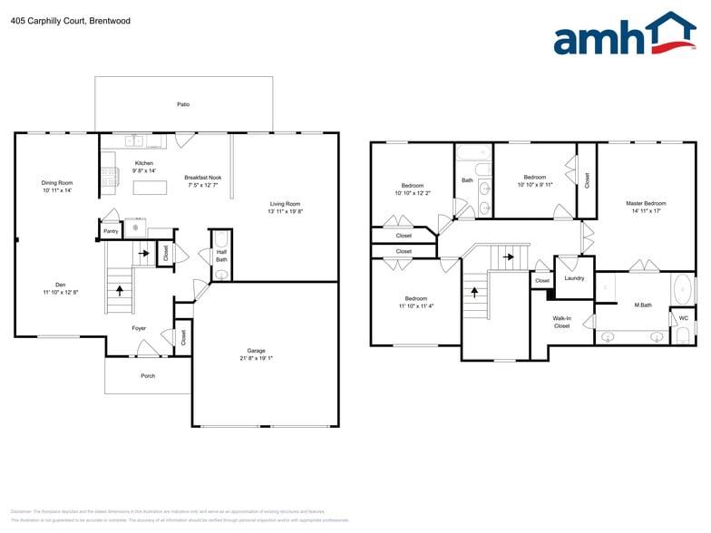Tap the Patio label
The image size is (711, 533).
click(x=183, y=105)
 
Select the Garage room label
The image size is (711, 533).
click(x=257, y=351)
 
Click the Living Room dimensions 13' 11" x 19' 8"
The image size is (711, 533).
click(x=285, y=213)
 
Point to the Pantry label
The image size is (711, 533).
click(x=111, y=231)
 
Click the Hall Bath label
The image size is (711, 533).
click(x=221, y=256)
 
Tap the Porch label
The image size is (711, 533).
click(x=147, y=375)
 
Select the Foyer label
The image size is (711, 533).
click(x=139, y=328)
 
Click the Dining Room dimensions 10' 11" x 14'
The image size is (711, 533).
click(x=56, y=190)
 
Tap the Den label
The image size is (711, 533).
click(x=60, y=284)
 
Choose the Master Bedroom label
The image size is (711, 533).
click(x=646, y=203)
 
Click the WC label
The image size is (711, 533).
click(x=683, y=318)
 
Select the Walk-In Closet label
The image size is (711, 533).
click(x=561, y=322)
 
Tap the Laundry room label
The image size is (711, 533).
click(x=574, y=278)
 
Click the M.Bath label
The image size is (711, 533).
click(x=642, y=305)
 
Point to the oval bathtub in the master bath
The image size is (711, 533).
click(x=682, y=290)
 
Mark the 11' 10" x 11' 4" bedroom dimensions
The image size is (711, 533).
click(x=415, y=305)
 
